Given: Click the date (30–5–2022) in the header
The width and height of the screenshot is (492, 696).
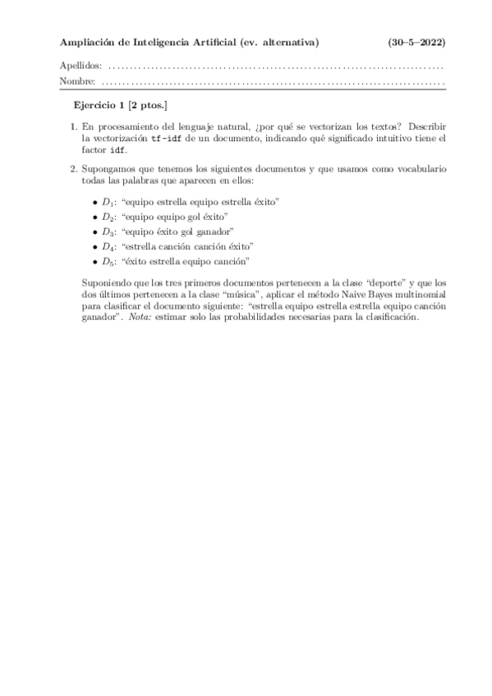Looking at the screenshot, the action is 416,42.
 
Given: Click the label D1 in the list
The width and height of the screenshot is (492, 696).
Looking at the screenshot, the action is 108,201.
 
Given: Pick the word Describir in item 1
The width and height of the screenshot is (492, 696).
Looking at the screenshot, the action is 426,128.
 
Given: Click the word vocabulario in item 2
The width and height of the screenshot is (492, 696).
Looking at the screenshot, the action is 420,169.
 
